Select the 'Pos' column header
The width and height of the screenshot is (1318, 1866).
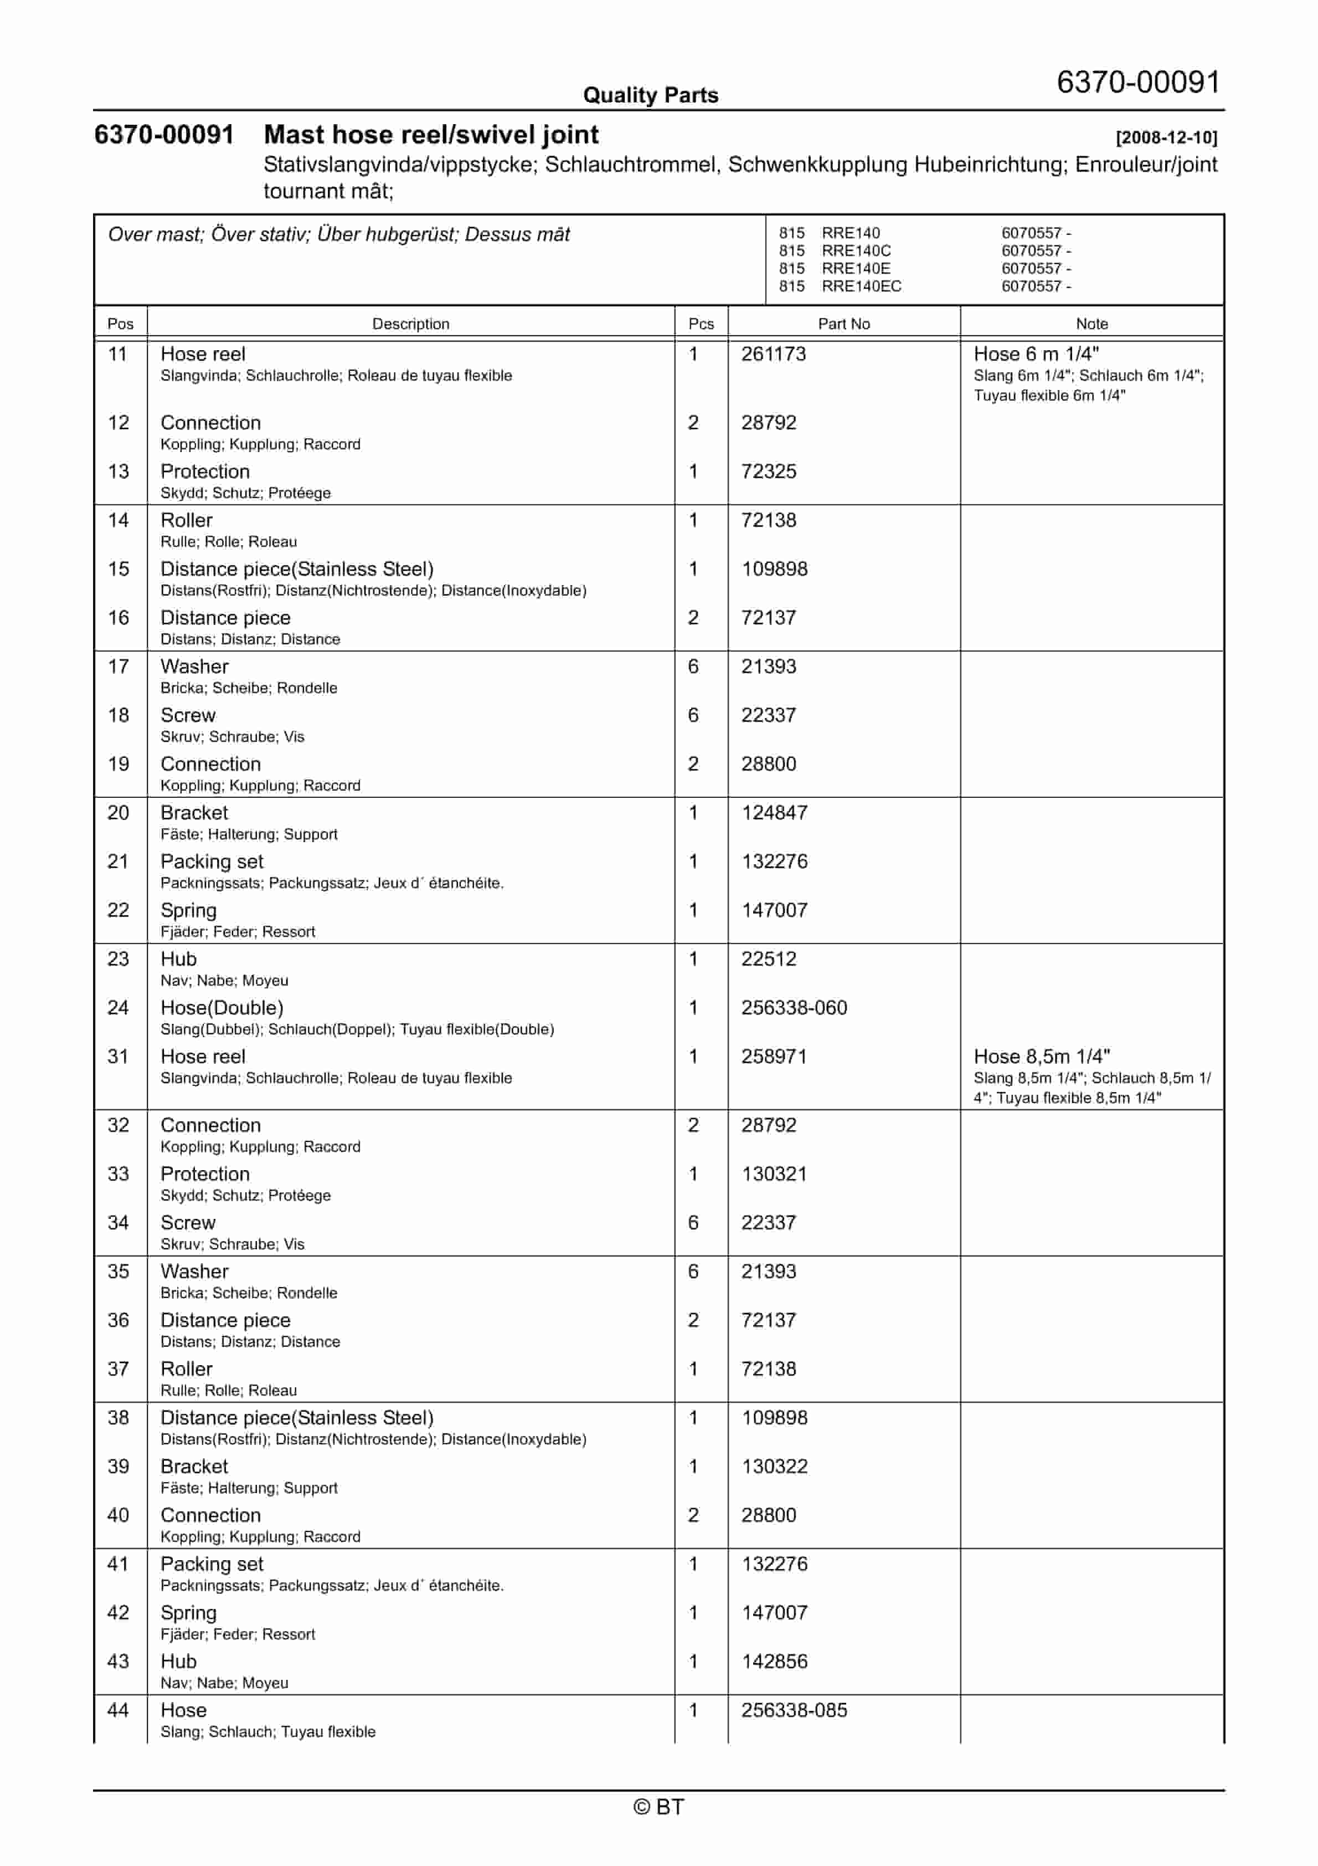[x=120, y=324]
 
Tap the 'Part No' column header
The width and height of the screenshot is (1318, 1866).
[x=843, y=324]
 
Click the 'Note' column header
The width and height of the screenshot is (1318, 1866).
[x=1092, y=324]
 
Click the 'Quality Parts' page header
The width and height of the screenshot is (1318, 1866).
[x=650, y=95]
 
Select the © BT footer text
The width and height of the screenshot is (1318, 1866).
[x=658, y=1807]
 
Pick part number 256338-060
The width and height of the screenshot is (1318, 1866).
[x=794, y=1008]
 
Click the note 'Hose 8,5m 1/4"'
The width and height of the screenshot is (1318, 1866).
[x=1042, y=1057]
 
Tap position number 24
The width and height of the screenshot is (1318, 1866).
[x=119, y=1008]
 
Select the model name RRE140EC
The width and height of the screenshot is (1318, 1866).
[x=861, y=286]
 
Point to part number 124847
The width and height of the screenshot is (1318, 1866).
[x=774, y=813]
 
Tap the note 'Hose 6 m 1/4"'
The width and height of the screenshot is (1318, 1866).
[x=1036, y=355]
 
